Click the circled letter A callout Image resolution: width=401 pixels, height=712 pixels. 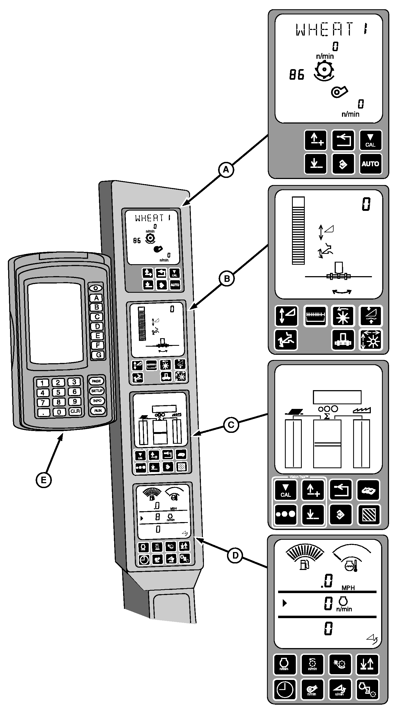[x=226, y=169]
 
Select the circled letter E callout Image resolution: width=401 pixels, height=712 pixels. [x=44, y=480]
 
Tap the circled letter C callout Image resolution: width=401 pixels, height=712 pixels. [x=231, y=425]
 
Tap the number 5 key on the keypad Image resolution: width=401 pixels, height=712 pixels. [x=58, y=392]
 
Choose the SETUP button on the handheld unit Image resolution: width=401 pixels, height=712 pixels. [x=97, y=391]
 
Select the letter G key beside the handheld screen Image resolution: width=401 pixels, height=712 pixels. [x=98, y=355]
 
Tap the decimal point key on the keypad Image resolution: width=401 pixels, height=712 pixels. [x=43, y=412]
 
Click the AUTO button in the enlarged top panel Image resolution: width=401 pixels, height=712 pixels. [x=370, y=164]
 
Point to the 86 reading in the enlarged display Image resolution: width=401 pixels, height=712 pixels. [x=297, y=75]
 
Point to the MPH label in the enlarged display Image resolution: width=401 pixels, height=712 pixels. [x=348, y=588]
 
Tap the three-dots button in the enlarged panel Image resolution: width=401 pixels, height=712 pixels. [x=285, y=514]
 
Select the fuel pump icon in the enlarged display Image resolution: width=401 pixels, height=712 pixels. [x=304, y=565]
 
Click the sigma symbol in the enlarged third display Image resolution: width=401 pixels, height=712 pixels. [x=327, y=416]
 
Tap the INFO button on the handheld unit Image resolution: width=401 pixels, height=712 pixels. [x=97, y=401]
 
